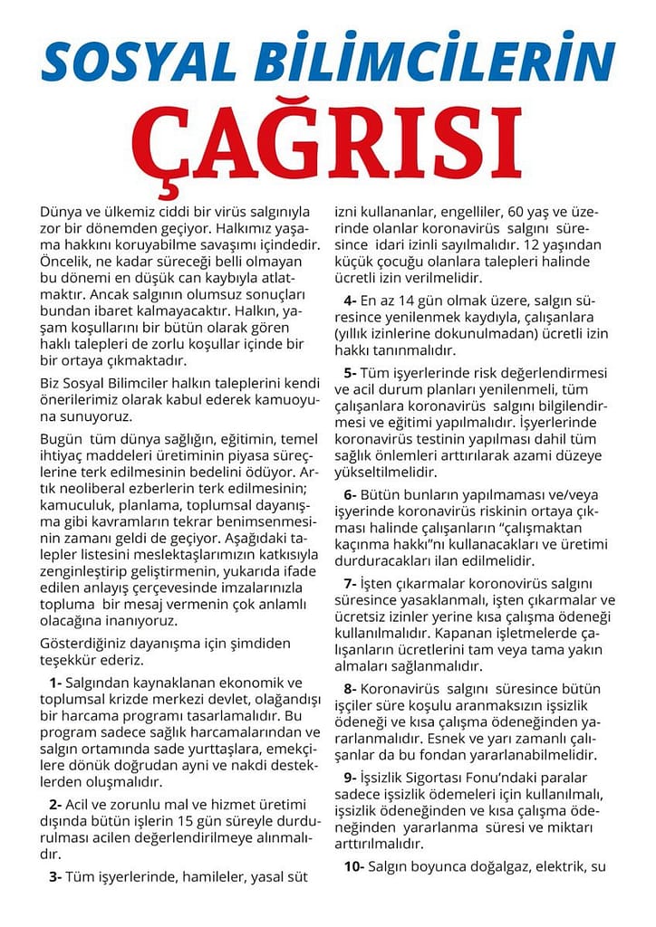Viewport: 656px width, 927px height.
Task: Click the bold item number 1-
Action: (x=56, y=682)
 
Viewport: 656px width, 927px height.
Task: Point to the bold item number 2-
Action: (x=56, y=804)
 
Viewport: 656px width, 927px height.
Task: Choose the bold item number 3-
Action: (x=56, y=876)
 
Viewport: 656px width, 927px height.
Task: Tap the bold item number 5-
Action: (x=349, y=372)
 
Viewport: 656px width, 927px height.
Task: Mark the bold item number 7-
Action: (x=349, y=583)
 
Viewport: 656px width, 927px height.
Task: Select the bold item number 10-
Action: (x=353, y=866)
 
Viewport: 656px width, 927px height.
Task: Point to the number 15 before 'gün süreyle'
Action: (x=250, y=820)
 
